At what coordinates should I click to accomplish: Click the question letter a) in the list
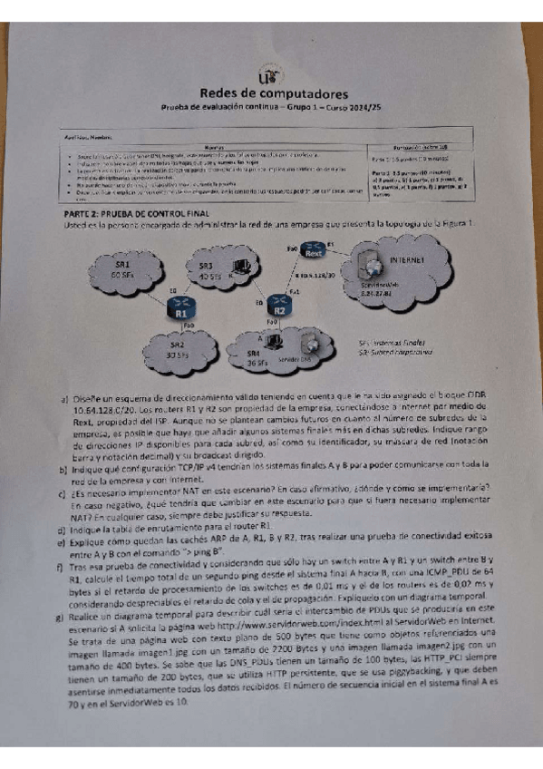65,398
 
